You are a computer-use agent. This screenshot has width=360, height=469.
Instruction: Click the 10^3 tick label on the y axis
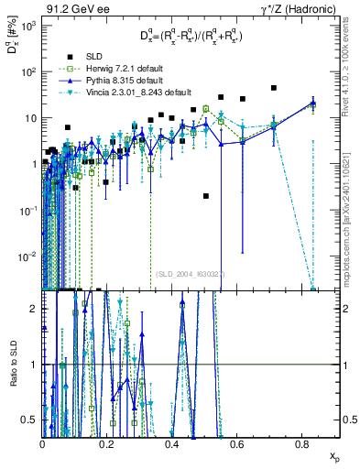[27, 26]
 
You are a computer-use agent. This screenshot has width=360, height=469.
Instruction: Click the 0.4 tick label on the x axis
[171, 443]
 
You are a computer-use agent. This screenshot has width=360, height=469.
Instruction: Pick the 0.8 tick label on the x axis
[300, 443]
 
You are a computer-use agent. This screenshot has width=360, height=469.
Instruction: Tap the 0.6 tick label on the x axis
[236, 443]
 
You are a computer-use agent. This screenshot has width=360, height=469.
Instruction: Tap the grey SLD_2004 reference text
[192, 273]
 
